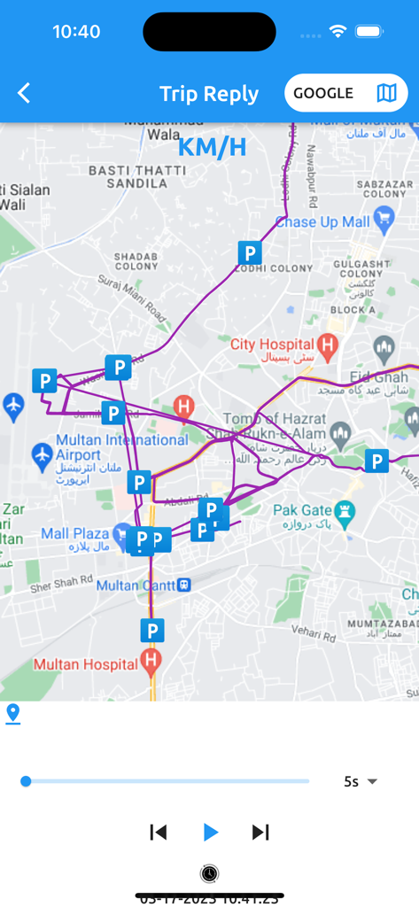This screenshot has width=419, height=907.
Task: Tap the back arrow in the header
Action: pos(24,93)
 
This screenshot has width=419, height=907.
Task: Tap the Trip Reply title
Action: pos(209,94)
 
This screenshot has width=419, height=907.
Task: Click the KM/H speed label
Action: pos(212,147)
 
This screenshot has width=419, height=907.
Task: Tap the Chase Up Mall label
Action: pos(321,221)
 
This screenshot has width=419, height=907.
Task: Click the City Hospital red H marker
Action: pos(328,345)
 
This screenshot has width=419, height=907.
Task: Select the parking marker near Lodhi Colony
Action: pos(250,252)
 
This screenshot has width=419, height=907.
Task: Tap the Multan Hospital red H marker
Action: pos(151,661)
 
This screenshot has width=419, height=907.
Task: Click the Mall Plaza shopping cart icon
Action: pos(121,533)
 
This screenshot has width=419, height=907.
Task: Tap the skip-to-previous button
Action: pos(159,832)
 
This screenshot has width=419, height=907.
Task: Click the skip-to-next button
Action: pos(260,832)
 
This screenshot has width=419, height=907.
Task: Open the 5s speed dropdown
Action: pos(361,781)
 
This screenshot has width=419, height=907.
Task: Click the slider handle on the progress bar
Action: pos(26,781)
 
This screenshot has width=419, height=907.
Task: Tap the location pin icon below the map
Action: pos(12,713)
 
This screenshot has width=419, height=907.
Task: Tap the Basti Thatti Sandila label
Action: pos(128,176)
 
